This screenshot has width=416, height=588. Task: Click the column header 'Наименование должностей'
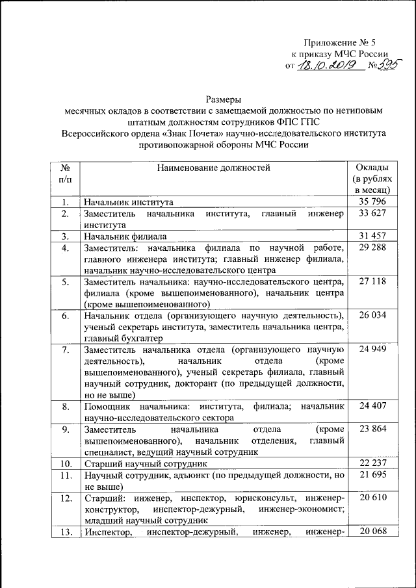pos(213,168)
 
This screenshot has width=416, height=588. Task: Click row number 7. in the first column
pos(66,350)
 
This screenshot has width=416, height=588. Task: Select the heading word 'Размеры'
pos(224,100)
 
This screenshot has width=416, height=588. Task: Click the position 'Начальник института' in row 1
pos(127,203)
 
